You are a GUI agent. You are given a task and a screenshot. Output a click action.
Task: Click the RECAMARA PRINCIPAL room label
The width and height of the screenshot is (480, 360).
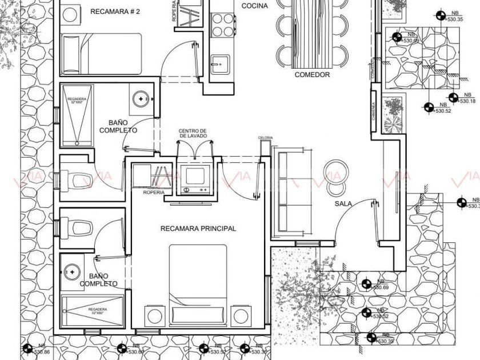coord(198,229)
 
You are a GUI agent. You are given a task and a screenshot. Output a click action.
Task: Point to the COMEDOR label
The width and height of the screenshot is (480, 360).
coord(312,75)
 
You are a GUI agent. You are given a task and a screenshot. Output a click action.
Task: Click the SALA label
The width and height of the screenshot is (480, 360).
coord(343,203)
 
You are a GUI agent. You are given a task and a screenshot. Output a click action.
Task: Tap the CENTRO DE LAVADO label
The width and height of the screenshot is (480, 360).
coord(193,134)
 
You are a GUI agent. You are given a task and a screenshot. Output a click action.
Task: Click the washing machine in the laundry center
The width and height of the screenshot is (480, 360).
coord(194,177)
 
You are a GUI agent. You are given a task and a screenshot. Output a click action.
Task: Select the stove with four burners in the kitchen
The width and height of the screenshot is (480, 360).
coord(223,24)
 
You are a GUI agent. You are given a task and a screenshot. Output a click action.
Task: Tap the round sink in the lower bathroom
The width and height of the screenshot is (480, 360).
coord(71,270)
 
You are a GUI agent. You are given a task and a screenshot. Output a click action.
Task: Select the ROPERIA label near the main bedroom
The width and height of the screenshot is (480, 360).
coord(154,193)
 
